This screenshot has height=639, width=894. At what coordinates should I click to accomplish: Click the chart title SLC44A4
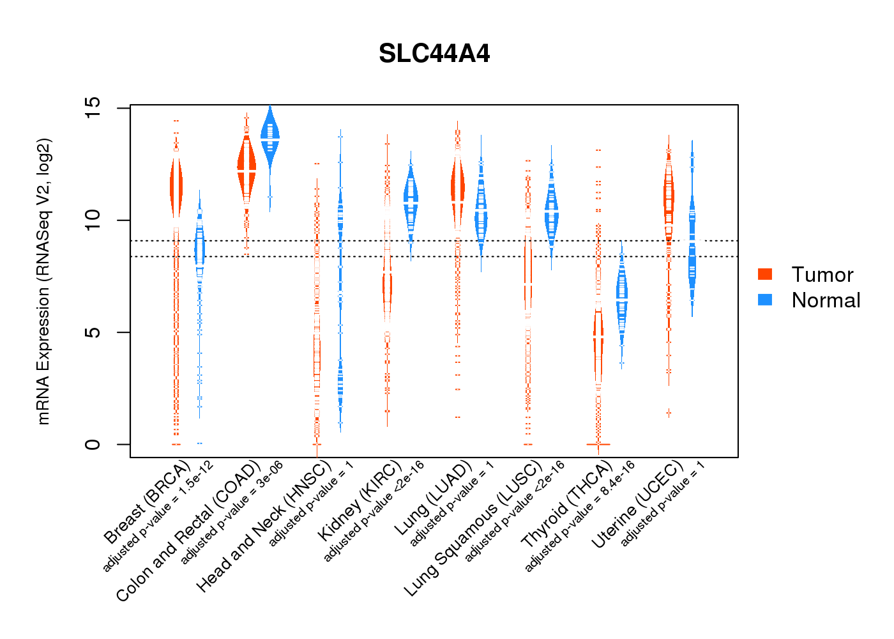434,54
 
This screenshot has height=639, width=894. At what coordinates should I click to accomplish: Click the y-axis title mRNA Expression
43,281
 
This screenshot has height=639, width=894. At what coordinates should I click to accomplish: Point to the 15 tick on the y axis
93,108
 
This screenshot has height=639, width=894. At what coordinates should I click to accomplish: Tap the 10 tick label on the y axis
93,220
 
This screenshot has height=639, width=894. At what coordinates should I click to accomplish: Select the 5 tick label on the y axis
93,332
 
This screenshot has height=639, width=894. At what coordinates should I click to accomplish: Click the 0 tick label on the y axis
93,444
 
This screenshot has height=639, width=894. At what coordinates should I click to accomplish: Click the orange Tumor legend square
765,274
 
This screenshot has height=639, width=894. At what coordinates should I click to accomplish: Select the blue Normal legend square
765,300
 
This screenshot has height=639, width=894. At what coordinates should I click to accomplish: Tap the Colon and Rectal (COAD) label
188,530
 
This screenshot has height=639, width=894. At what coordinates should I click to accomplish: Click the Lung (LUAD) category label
432,498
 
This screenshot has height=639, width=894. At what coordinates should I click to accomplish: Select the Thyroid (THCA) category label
566,505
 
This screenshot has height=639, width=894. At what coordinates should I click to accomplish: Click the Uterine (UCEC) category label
637,505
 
